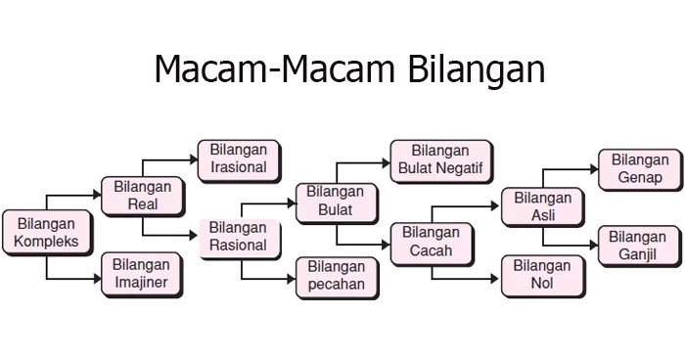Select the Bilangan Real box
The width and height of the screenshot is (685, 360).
(142, 195)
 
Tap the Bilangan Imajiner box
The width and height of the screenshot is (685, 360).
(141, 274)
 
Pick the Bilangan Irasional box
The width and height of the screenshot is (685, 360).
(239, 158)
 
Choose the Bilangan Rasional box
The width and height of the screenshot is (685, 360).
(239, 237)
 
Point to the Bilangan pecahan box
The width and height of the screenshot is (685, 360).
(336, 276)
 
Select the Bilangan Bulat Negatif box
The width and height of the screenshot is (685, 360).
(440, 159)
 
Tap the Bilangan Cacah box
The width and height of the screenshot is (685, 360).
(432, 244)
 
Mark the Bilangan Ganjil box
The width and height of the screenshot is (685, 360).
(637, 246)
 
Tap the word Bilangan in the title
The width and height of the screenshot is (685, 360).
(474, 70)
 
